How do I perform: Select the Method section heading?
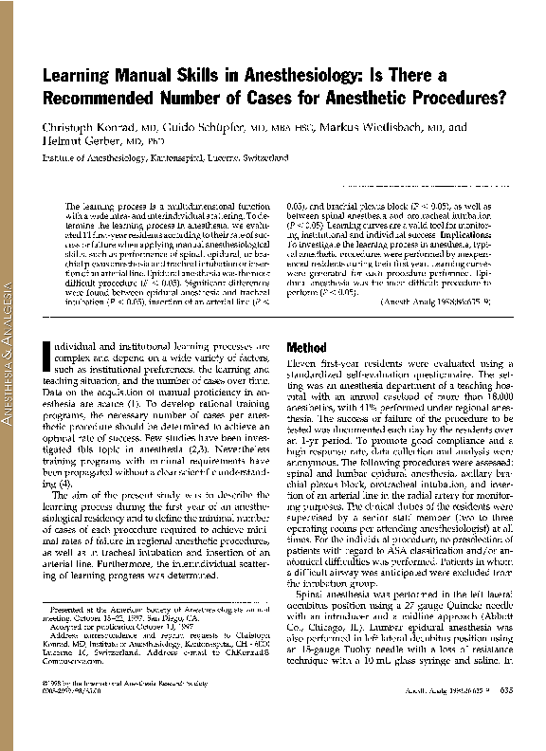(x=306, y=348)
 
